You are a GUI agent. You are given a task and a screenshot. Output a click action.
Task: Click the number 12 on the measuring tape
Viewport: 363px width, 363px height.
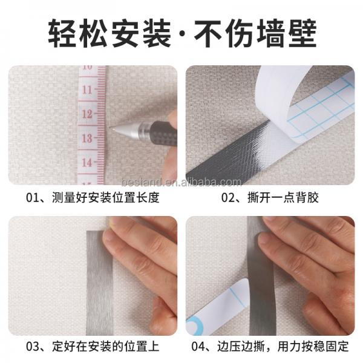pyautogui.click(x=88, y=114)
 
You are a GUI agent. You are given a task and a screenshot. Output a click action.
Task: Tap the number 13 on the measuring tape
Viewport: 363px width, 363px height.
pyautogui.click(x=88, y=138)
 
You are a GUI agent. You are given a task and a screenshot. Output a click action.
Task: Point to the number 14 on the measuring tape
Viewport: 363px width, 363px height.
pyautogui.click(x=88, y=162)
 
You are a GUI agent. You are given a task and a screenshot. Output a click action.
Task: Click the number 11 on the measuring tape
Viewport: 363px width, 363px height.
pyautogui.click(x=88, y=90)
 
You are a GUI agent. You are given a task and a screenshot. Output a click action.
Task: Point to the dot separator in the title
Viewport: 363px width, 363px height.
pyautogui.click(x=182, y=35)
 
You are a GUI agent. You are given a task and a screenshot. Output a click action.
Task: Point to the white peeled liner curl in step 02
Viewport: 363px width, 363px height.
pyautogui.click(x=275, y=97)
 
